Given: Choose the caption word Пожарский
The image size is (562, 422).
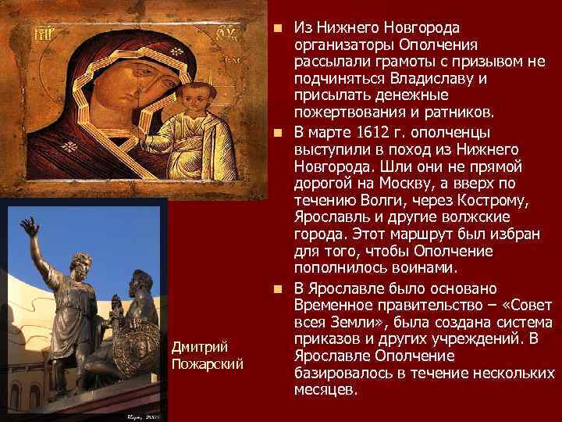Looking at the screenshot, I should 206,363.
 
